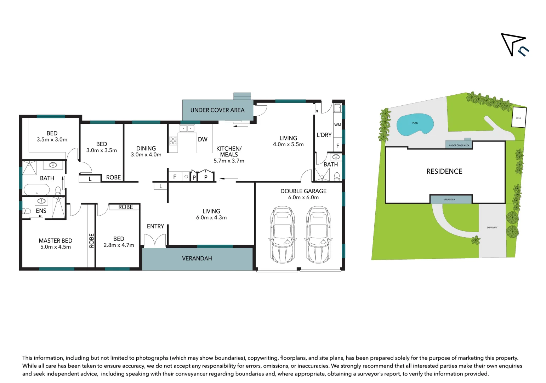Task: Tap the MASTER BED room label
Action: pos(56,241)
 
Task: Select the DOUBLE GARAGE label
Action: pos(303,191)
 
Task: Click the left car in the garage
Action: pos(282,235)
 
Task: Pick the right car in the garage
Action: pos(318,235)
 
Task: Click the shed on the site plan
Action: pos(519,117)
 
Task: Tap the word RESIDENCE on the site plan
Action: pos(444,172)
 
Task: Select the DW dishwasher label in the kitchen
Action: pos(203,139)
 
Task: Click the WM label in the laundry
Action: pos(337,125)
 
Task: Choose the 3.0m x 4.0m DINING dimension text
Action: pos(146,155)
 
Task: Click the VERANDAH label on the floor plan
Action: pos(197,259)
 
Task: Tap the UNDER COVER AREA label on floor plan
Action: pos(217,110)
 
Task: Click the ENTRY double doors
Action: pos(155,241)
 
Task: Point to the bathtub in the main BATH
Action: pos(36,190)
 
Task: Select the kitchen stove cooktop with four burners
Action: pos(173,141)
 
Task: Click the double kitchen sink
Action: pos(187,128)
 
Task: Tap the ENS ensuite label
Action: pos(41,211)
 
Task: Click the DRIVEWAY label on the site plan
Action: pos(492,228)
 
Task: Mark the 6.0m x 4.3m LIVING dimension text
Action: pos(211,217)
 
